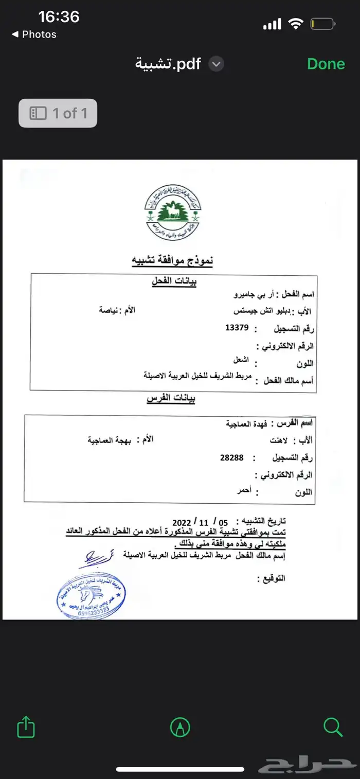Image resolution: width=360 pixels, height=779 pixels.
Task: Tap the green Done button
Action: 326,64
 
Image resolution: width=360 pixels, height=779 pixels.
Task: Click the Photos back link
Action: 34,34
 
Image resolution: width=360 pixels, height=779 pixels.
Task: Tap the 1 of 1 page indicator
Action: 58,113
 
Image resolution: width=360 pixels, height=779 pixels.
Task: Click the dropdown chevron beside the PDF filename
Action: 217,64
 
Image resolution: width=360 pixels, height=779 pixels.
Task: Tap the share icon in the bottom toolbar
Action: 26,728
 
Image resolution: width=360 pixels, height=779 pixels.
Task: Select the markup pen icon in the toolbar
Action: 180,728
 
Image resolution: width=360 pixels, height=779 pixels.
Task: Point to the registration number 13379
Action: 238,328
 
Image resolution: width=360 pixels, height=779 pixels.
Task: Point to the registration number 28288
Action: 231,457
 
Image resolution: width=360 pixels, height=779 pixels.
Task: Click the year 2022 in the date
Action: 182,521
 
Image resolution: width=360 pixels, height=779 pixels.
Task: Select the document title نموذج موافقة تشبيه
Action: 172,261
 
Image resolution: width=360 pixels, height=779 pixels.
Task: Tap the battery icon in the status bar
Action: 323,24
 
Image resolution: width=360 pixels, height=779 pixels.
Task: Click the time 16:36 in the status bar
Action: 59,17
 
